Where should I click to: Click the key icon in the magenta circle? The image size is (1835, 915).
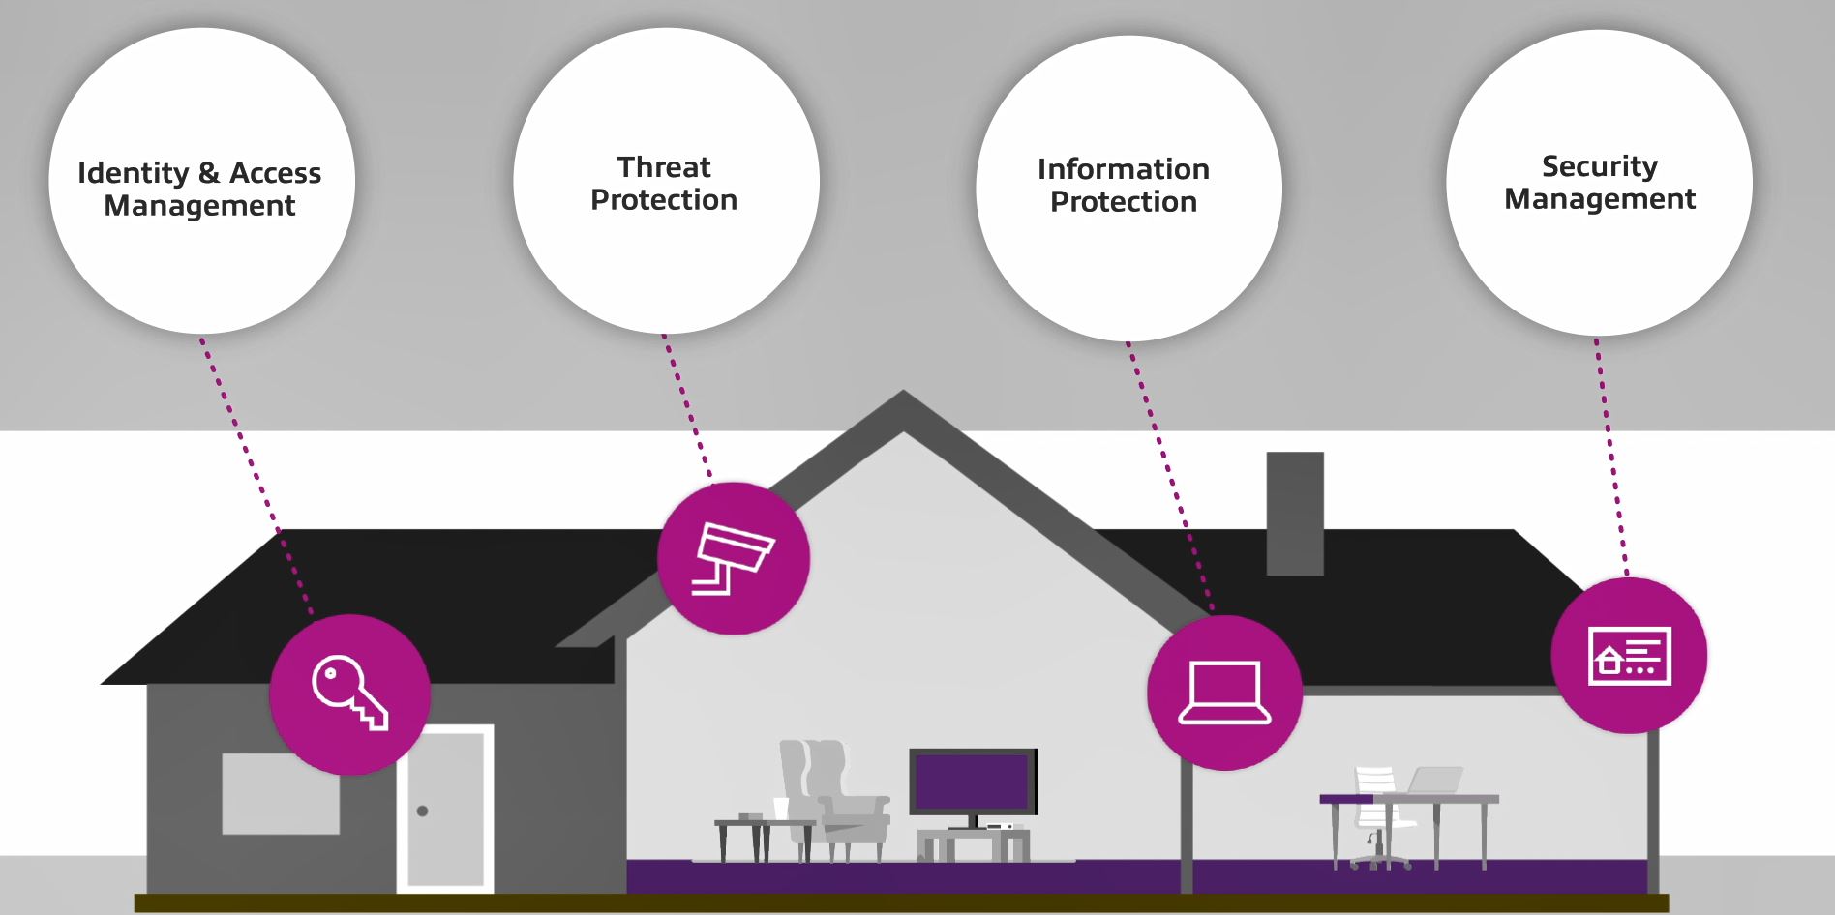point(349,693)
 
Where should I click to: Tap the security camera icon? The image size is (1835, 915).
point(734,558)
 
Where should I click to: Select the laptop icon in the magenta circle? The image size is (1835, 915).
point(1224,693)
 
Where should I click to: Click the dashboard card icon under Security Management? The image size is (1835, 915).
point(1629,656)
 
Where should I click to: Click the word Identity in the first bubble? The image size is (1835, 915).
point(134,173)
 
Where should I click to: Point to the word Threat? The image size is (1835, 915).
point(664,167)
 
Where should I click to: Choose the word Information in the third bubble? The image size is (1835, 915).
point(1123,169)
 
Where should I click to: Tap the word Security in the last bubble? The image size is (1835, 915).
point(1599,166)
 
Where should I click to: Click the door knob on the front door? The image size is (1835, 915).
point(422,811)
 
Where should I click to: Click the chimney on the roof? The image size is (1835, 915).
point(1294,513)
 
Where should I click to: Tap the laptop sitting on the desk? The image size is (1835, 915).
point(1435,781)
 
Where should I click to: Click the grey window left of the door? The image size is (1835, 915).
point(281,793)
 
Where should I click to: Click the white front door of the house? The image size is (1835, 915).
point(445,808)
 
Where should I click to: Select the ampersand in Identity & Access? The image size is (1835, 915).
point(208,173)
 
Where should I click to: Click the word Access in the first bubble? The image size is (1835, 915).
point(275,173)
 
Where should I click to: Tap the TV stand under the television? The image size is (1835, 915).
point(973,844)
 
